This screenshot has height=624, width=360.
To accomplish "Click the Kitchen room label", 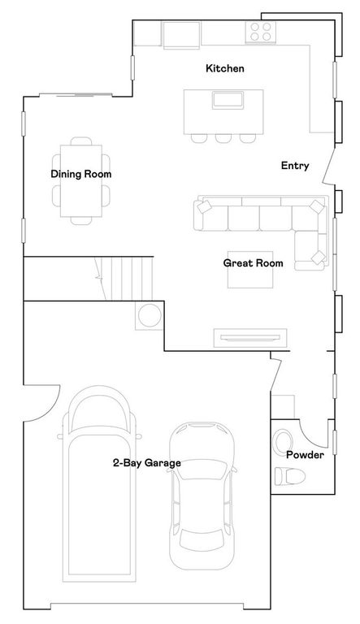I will point(224,69).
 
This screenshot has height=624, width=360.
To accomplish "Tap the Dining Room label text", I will point(80,174).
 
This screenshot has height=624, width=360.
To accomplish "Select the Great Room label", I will point(253,263).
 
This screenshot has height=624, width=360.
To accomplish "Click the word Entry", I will point(295,166).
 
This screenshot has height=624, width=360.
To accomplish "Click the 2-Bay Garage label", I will point(146,463).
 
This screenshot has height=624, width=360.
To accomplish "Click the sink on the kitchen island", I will point(228,101).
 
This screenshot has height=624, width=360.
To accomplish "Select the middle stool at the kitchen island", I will point(223,136).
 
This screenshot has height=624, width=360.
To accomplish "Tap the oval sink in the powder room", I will point(282,442).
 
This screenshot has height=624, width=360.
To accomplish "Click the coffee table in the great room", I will point(245,269).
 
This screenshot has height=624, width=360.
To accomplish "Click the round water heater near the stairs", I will point(149,315).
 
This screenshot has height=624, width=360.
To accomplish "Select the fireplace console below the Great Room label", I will point(249,336).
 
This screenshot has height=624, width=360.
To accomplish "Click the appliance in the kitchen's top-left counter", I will point(180,34).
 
